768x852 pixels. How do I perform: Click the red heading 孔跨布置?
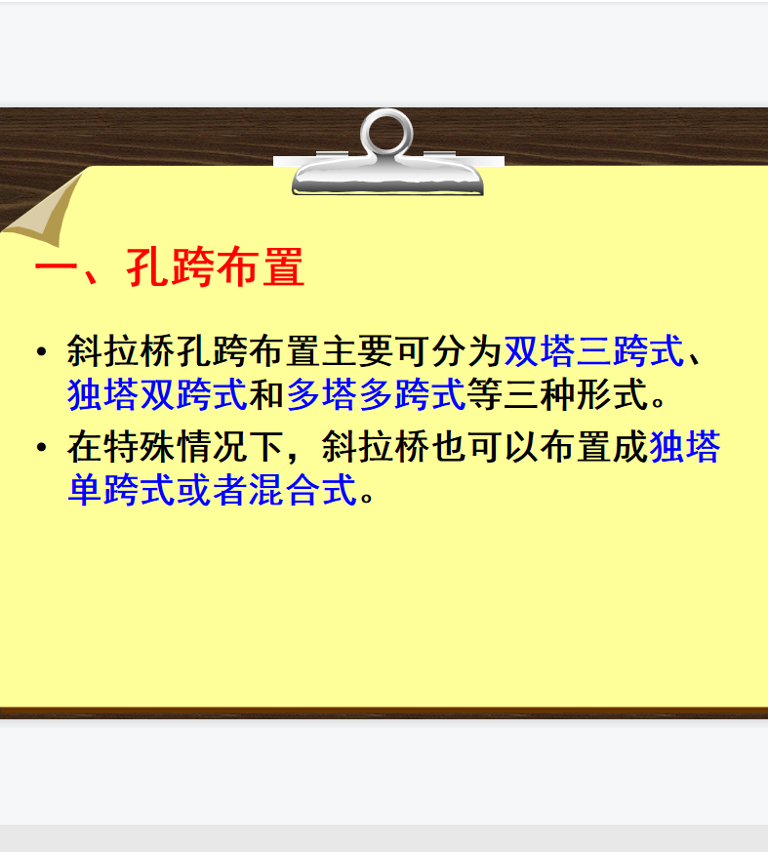pyautogui.click(x=216, y=266)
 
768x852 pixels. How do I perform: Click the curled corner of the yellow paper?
pyautogui.click(x=44, y=209)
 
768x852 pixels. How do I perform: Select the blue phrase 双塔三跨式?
pyautogui.click(x=593, y=351)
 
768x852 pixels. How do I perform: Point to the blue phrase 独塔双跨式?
pyautogui.click(x=157, y=394)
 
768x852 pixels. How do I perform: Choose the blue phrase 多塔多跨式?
pyautogui.click(x=376, y=394)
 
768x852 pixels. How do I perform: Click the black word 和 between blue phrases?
pyautogui.click(x=266, y=394)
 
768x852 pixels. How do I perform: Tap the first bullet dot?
pyautogui.click(x=41, y=352)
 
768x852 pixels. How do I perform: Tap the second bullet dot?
pyautogui.click(x=41, y=448)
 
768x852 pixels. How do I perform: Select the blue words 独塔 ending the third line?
pyautogui.click(x=685, y=447)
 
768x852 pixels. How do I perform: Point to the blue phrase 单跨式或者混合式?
pyautogui.click(x=212, y=490)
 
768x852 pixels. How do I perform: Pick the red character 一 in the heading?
pyautogui.click(x=56, y=267)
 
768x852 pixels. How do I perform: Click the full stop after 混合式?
pyautogui.click(x=367, y=497)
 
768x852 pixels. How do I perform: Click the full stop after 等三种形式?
pyautogui.click(x=659, y=401)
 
